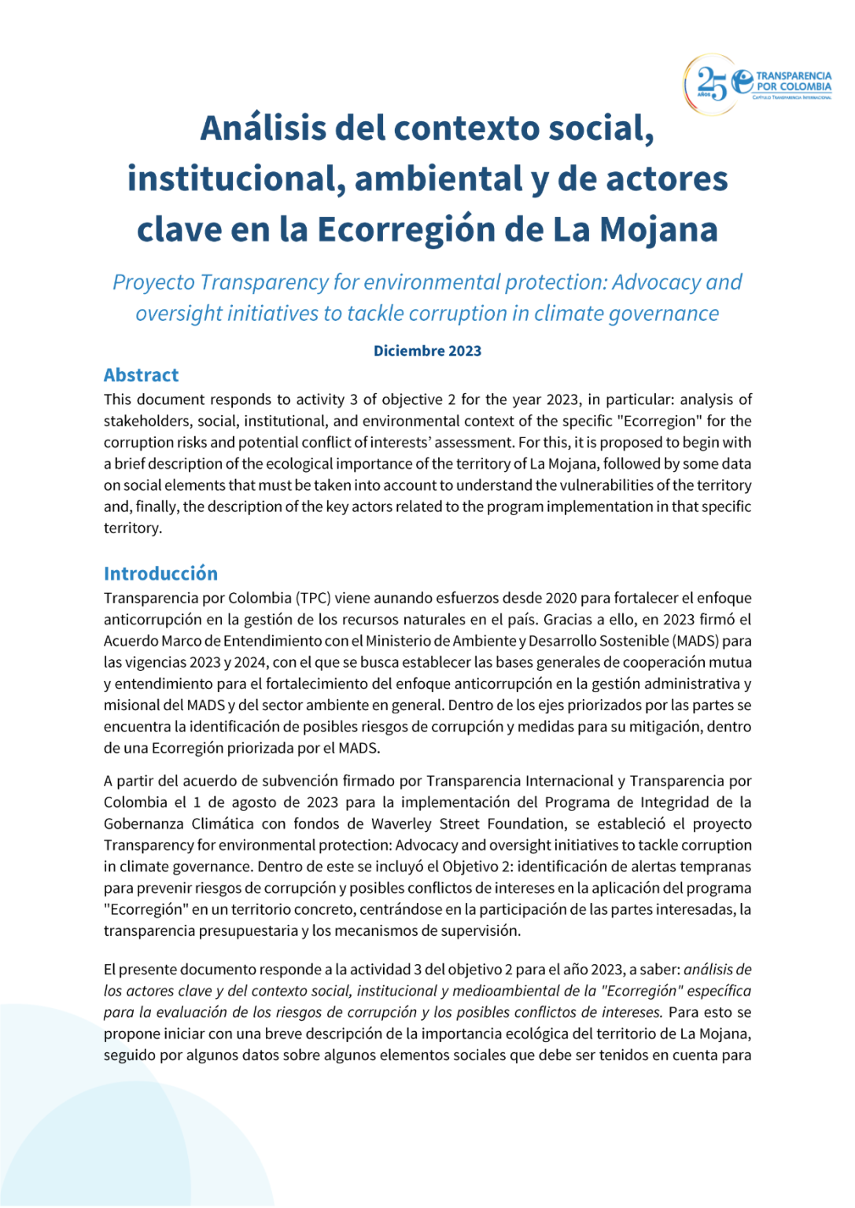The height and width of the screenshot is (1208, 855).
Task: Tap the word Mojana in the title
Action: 658,230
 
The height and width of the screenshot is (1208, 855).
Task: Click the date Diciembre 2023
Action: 427,351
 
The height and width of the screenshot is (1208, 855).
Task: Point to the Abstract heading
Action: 141,375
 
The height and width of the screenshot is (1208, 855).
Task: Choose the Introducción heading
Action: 160,573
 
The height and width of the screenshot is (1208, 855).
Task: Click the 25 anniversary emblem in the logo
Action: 711,83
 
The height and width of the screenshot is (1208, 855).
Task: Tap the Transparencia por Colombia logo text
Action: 793,82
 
